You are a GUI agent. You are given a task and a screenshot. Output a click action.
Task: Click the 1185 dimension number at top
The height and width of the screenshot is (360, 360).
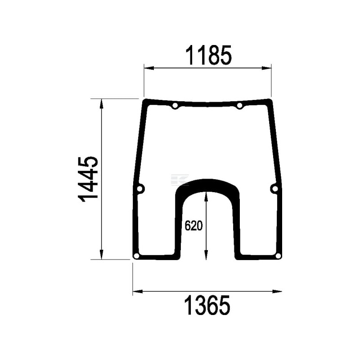(x=208, y=55)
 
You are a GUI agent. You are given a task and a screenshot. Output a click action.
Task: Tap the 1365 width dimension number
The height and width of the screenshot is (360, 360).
(x=207, y=306)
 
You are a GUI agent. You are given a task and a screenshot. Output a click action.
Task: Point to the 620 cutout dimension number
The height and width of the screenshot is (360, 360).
(x=193, y=226)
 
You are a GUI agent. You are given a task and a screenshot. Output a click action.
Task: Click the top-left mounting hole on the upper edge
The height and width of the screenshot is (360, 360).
(x=175, y=106)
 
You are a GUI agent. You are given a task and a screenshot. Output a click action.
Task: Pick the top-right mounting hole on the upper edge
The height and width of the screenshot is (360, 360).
(x=239, y=106)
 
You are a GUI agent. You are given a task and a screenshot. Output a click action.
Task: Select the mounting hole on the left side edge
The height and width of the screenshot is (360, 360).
(x=139, y=189)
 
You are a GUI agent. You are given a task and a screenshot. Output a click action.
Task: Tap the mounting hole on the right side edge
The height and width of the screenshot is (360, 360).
(x=274, y=189)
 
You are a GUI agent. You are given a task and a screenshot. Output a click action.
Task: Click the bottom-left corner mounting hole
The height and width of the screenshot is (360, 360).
(x=136, y=256)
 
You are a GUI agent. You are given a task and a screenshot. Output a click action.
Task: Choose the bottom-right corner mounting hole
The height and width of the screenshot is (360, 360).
(x=278, y=256)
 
